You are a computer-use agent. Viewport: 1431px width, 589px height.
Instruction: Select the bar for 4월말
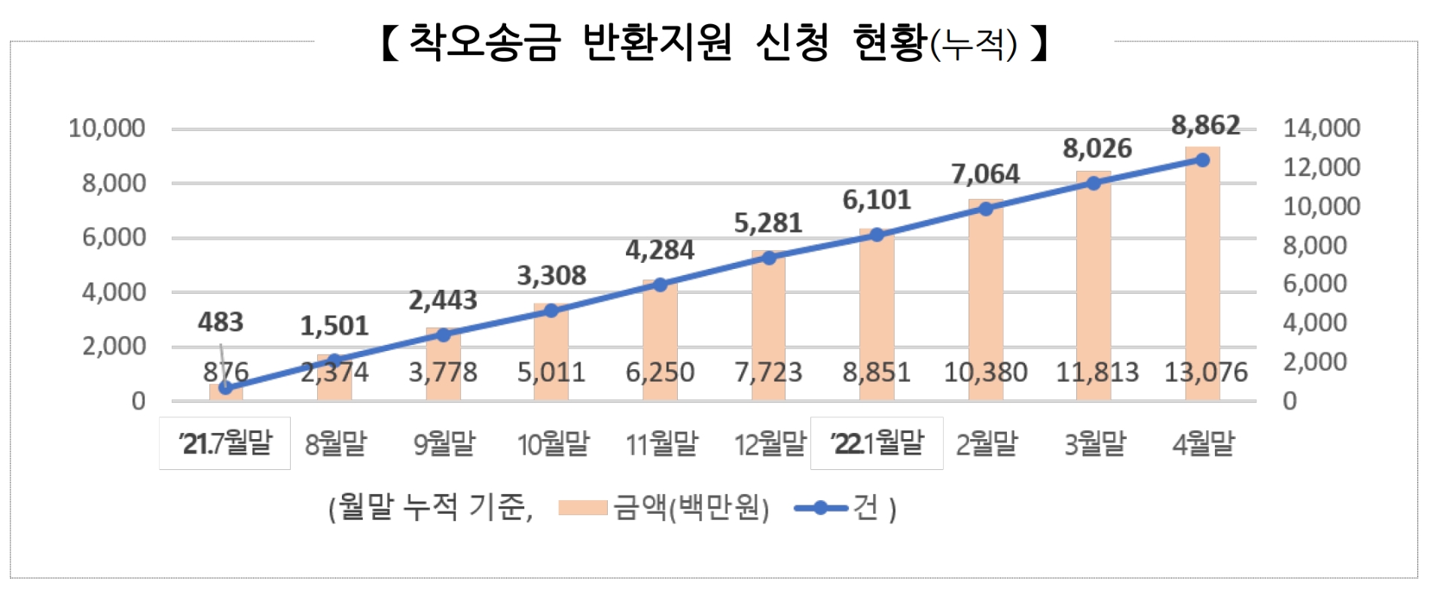click(x=1202, y=271)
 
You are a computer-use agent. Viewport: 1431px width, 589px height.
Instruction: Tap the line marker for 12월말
click(x=769, y=258)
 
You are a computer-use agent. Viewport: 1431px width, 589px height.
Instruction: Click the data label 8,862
click(x=1205, y=125)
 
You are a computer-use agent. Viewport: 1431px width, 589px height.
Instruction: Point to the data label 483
click(x=220, y=322)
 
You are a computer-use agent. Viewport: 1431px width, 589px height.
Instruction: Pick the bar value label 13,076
click(x=1206, y=372)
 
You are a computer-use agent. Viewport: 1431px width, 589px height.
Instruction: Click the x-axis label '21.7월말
click(x=225, y=443)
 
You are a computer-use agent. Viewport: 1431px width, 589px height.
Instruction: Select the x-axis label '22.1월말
click(x=877, y=443)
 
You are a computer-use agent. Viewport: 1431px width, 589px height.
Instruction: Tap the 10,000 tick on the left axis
click(x=107, y=128)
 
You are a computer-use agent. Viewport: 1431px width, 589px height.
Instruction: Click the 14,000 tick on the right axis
click(x=1321, y=128)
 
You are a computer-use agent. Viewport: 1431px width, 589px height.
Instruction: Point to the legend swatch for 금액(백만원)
click(x=582, y=508)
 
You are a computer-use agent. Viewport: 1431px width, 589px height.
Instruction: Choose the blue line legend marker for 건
click(x=820, y=508)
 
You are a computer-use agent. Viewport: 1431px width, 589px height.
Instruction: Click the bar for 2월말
click(x=985, y=301)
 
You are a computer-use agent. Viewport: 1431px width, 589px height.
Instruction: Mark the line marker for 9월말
click(x=444, y=335)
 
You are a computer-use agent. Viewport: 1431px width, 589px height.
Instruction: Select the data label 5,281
click(x=768, y=224)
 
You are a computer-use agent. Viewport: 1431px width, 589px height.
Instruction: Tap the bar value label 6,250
click(x=660, y=372)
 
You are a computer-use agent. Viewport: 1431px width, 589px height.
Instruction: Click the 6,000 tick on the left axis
click(x=113, y=237)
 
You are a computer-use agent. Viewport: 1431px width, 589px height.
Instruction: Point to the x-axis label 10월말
click(x=553, y=444)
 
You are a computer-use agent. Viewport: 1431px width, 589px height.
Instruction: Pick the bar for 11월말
click(x=660, y=339)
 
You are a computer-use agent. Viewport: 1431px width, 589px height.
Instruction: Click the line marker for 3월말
click(x=1094, y=183)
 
